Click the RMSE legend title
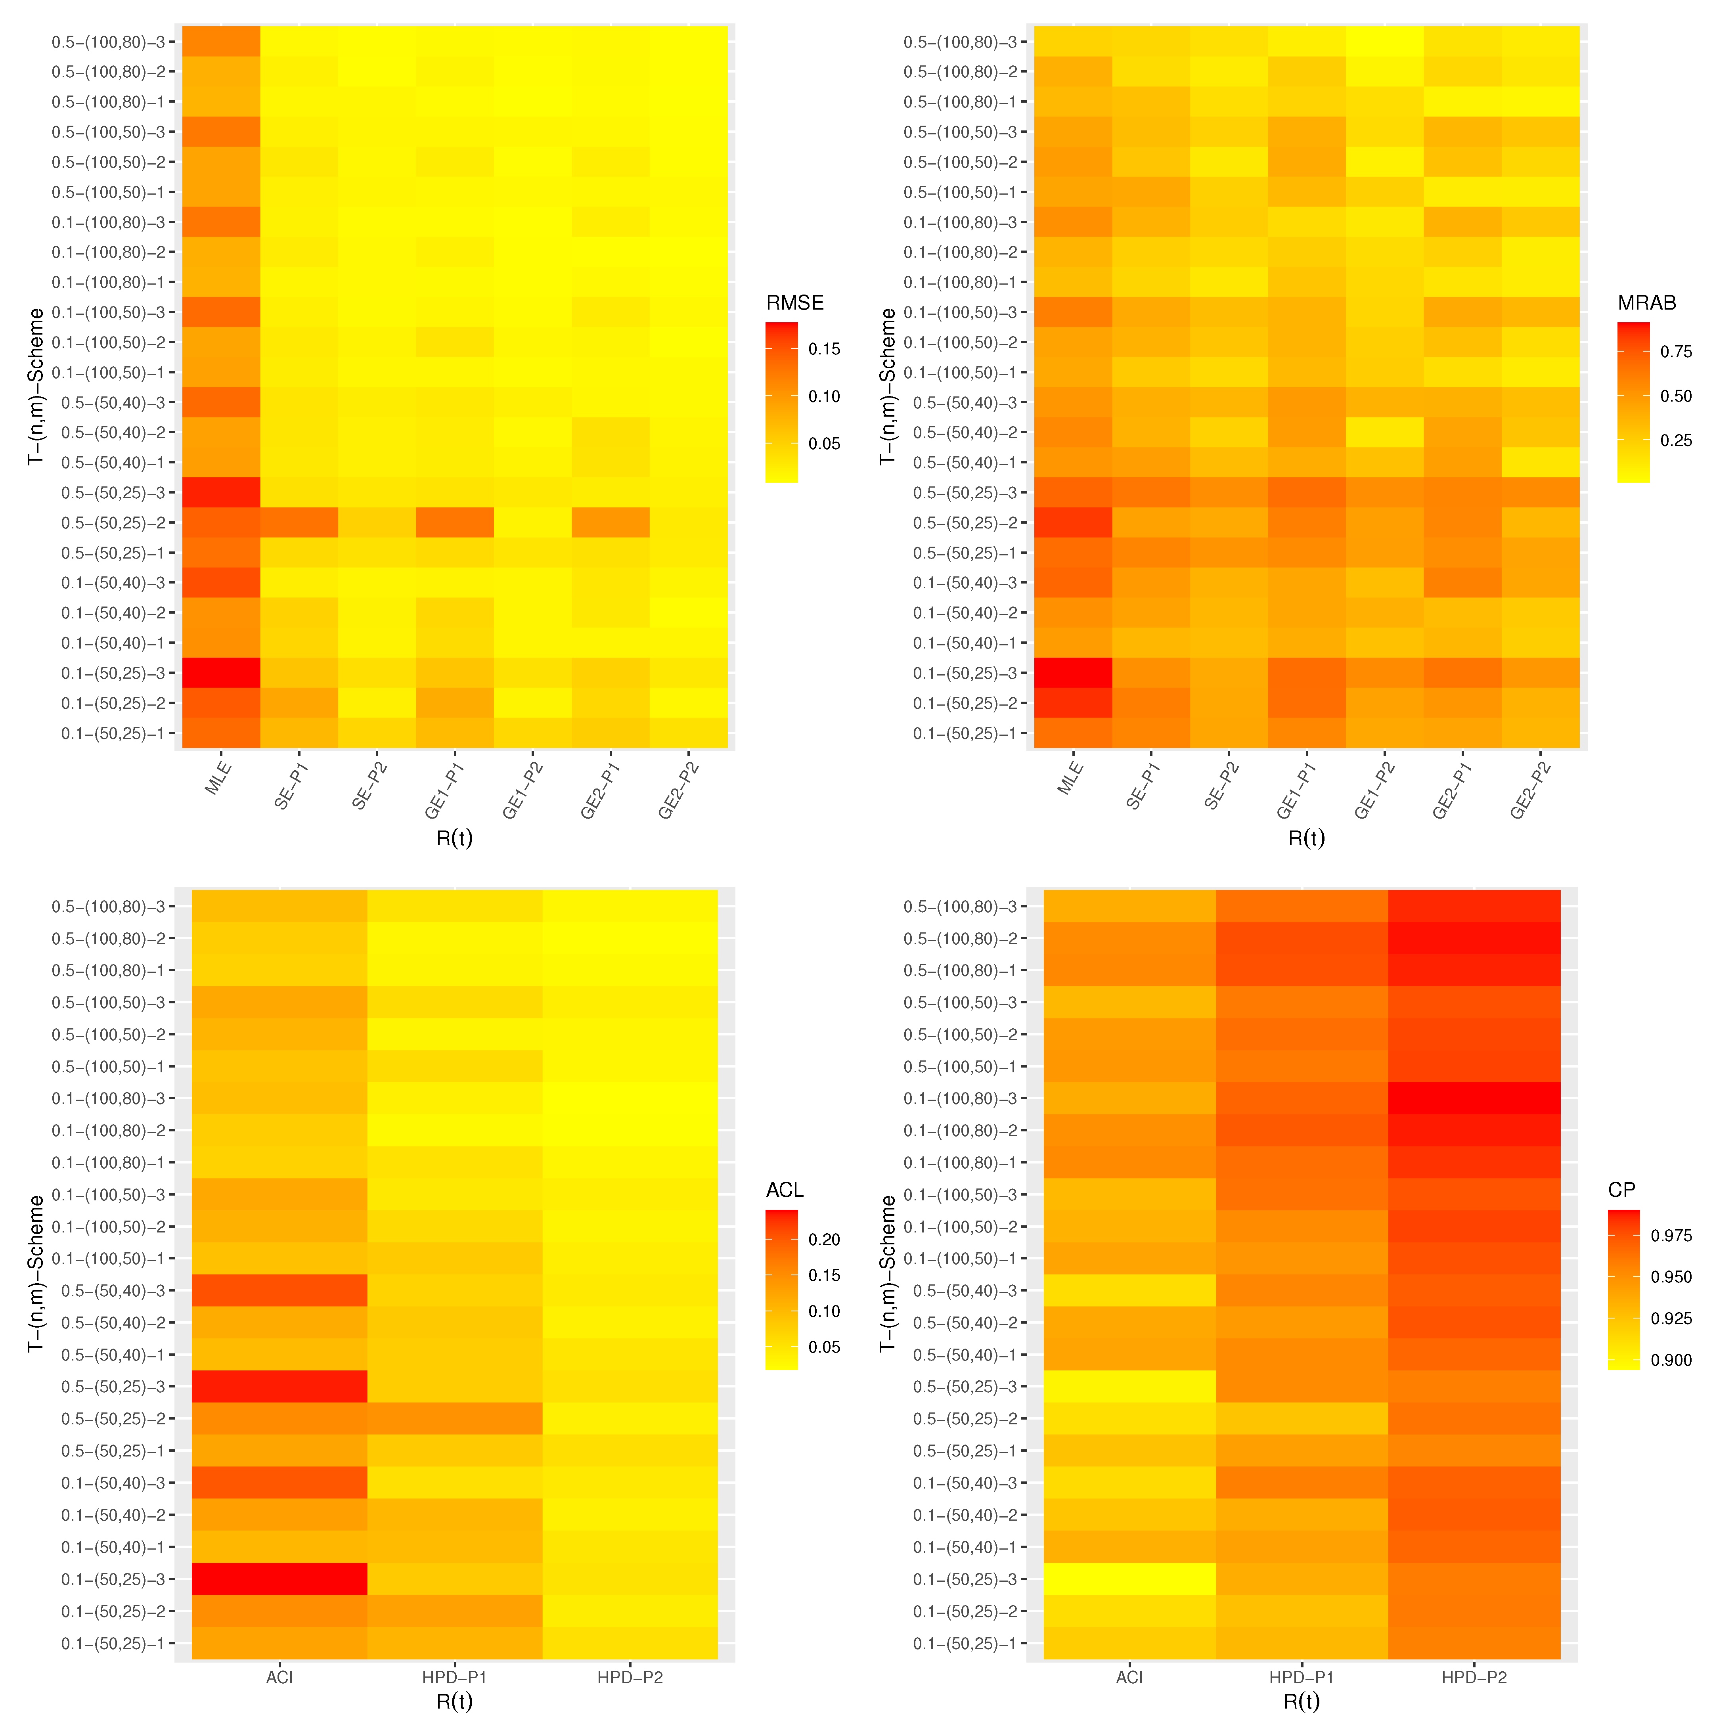[794, 303]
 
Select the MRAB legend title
[1646, 303]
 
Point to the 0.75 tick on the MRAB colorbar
[1676, 352]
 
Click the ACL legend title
[785, 1190]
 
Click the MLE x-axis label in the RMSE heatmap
[218, 778]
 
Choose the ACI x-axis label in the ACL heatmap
[279, 1678]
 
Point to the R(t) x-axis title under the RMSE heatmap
[454, 838]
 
